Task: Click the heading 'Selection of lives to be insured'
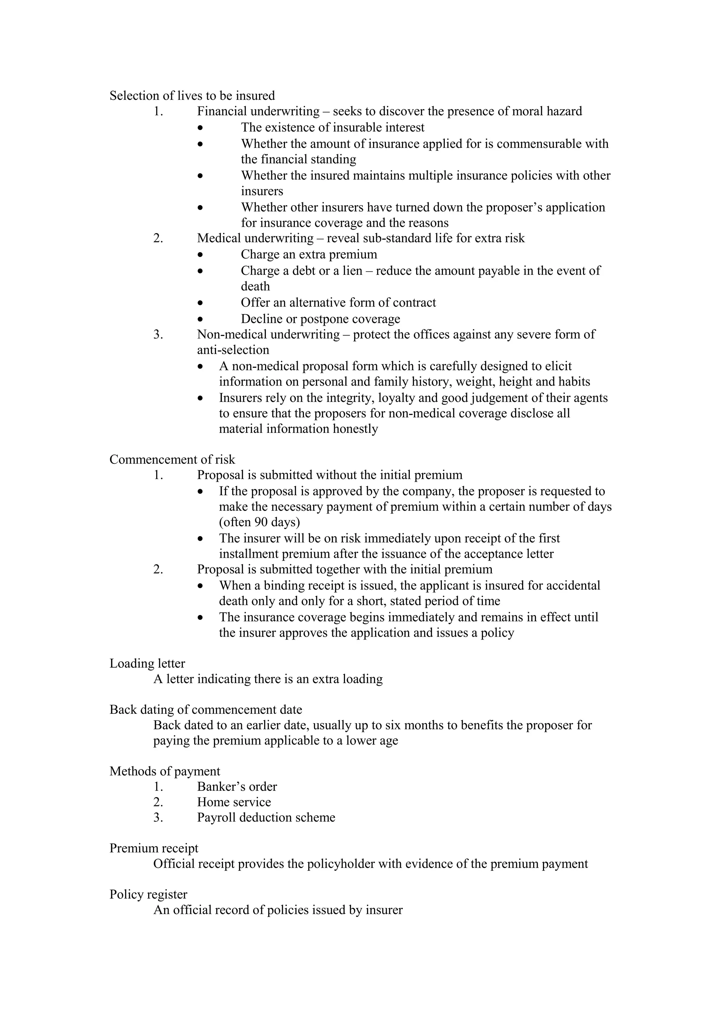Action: tap(192, 95)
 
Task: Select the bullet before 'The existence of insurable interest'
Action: tap(201, 128)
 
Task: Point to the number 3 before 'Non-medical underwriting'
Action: tap(158, 334)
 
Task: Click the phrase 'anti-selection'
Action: tap(233, 350)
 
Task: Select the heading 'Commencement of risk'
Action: tap(172, 459)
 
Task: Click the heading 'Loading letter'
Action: tap(147, 664)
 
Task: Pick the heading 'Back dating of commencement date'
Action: tap(206, 710)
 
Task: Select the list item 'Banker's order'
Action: tap(237, 787)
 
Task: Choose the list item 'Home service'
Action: tap(234, 802)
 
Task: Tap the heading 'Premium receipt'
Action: tap(154, 848)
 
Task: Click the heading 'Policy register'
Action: tap(148, 894)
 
